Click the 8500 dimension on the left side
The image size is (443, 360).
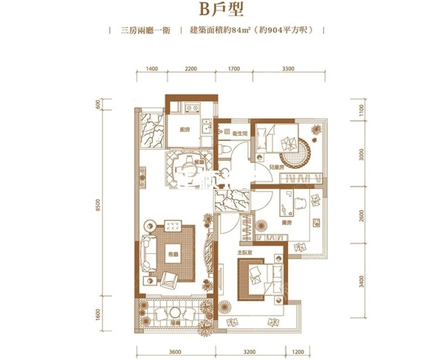tap(97, 209)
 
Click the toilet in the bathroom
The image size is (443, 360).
tap(224, 150)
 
